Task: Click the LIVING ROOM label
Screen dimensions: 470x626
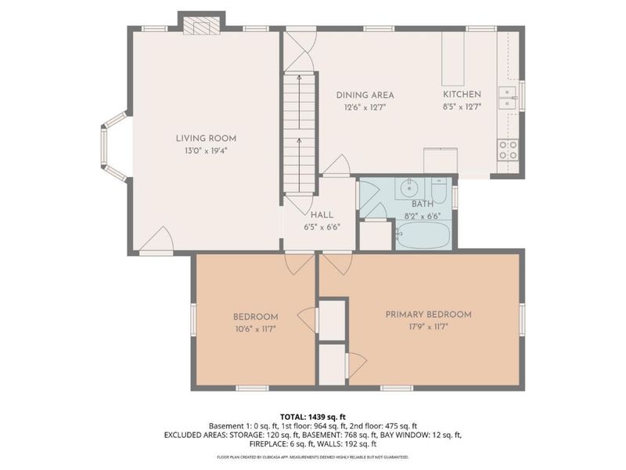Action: [x=206, y=139]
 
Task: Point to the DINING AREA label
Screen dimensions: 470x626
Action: [x=365, y=96]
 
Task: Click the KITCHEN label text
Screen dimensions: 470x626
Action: [x=462, y=96]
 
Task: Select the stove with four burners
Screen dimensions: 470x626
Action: [x=508, y=149]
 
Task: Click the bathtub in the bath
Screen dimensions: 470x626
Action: [x=423, y=236]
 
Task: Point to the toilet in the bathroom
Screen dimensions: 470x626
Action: [x=438, y=191]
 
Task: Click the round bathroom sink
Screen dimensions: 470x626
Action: [x=409, y=189]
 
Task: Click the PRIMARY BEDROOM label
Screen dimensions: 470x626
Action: [x=428, y=315]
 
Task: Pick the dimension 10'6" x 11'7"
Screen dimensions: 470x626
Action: [x=255, y=328]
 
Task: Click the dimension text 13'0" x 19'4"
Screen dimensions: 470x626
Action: [x=206, y=150]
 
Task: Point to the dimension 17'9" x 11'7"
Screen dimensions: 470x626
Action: [x=428, y=327]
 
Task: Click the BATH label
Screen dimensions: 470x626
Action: [x=423, y=203]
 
